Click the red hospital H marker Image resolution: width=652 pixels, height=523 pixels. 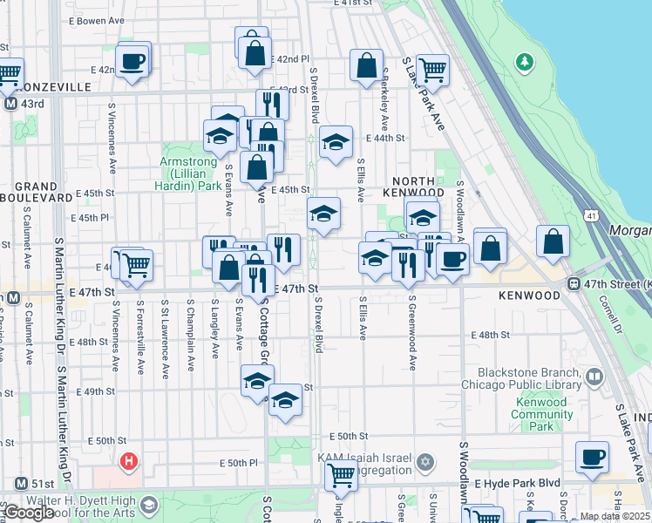(x=129, y=461)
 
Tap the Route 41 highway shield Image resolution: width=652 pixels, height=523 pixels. (x=593, y=214)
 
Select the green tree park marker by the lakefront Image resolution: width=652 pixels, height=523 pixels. (x=524, y=61)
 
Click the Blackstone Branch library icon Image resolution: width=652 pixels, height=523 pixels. (x=594, y=377)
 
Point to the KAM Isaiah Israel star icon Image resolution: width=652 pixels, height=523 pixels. (x=425, y=461)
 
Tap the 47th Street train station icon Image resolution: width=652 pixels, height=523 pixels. (x=574, y=283)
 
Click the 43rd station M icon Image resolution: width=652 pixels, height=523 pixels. (x=11, y=104)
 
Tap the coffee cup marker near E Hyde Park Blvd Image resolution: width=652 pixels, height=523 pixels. (x=593, y=456)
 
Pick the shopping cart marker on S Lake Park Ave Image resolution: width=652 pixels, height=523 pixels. (x=431, y=68)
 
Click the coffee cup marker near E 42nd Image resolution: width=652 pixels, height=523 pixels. (x=132, y=61)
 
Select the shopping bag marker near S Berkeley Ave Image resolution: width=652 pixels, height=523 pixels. (x=367, y=64)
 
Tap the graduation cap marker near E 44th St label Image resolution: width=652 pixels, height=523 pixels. (x=335, y=142)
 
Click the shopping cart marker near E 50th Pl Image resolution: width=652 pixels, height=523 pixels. (x=341, y=475)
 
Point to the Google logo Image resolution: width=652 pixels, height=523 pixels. (x=28, y=513)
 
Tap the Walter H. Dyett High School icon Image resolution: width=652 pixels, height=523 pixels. (x=149, y=505)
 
